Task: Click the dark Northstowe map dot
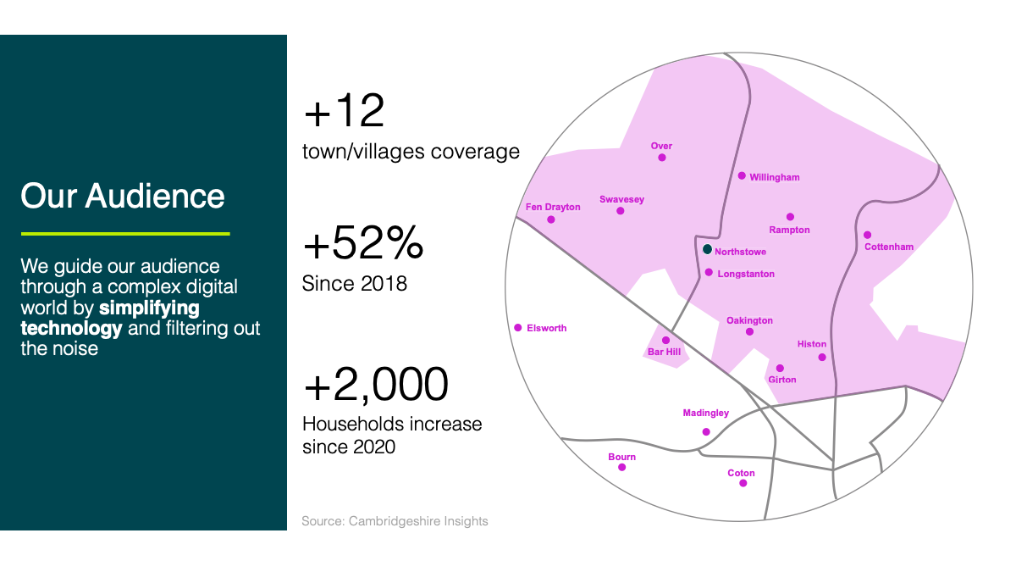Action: [707, 249]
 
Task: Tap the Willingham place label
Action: [774, 177]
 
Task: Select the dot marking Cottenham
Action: [867, 235]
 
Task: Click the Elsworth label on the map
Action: [547, 328]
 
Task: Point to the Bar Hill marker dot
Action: [665, 340]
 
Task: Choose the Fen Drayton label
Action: [553, 207]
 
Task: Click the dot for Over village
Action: [662, 158]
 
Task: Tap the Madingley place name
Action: [706, 414]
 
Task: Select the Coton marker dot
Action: [743, 483]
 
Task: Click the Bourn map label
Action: [621, 457]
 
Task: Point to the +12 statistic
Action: [345, 110]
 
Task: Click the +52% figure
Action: [363, 243]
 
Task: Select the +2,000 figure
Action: [376, 384]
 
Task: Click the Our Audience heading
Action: [123, 196]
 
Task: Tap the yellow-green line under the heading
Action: [125, 234]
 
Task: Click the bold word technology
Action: [71, 328]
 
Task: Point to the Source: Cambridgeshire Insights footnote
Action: [395, 521]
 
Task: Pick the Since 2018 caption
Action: [354, 284]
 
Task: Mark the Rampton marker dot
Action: [790, 217]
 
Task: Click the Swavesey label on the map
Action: [621, 199]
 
